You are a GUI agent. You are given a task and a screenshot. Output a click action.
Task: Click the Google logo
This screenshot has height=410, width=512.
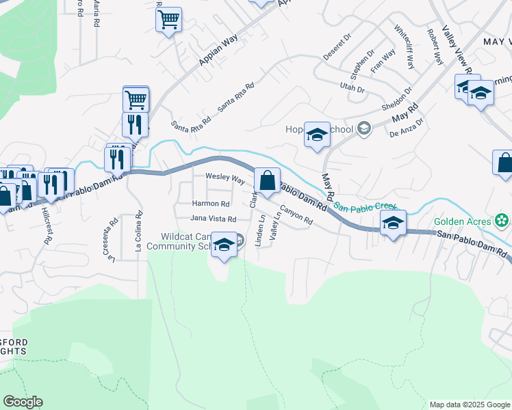point(23,402)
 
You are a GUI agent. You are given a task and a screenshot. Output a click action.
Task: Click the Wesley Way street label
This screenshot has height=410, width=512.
point(225,178)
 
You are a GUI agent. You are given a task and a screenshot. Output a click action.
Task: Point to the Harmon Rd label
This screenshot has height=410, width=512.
point(211,204)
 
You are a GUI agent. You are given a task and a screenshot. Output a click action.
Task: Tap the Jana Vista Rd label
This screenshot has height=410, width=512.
point(213,219)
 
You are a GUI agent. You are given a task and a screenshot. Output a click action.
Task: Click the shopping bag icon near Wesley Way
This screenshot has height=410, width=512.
point(268,181)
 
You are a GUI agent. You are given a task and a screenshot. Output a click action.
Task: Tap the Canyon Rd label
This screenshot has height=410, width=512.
point(296,217)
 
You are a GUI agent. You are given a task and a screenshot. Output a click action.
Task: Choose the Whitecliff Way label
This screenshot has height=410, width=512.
point(404,47)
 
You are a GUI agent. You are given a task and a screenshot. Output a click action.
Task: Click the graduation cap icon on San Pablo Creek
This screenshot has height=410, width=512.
point(393,223)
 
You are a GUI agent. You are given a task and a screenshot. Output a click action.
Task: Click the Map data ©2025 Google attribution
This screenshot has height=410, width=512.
point(470,405)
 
